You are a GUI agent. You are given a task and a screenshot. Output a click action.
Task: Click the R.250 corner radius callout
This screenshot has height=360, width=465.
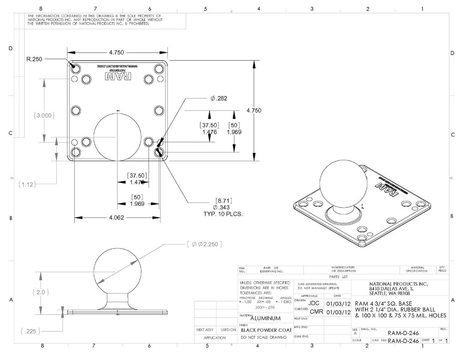click(34, 59)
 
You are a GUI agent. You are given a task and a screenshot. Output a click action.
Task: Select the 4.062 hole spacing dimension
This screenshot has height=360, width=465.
click(116, 217)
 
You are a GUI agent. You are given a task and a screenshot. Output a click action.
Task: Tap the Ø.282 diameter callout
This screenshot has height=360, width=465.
click(219, 99)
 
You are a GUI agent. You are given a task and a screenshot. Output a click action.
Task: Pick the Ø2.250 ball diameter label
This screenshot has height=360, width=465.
click(205, 244)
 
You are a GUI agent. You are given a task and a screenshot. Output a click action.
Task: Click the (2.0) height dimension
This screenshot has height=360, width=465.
click(40, 292)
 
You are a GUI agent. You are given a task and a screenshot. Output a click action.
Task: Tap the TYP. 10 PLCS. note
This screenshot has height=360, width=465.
click(223, 214)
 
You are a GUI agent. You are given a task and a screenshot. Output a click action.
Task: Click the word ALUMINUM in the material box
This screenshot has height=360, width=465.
click(265, 318)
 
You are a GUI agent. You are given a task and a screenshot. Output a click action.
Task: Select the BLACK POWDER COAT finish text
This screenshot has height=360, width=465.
click(266, 330)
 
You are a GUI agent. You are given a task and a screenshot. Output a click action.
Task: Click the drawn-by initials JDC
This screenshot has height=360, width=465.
click(313, 303)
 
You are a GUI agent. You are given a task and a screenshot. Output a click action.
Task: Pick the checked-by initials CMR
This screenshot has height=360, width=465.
click(316, 312)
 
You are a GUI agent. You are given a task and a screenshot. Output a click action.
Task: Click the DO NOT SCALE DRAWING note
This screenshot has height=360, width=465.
click(264, 337)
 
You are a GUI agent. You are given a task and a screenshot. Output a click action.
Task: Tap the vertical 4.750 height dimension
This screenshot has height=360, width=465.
click(254, 110)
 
